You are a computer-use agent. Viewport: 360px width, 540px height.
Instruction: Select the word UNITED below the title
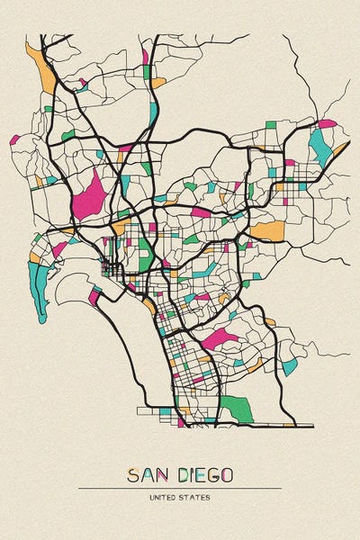pyautogui.click(x=163, y=497)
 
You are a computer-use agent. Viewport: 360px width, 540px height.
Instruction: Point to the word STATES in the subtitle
pyautogui.click(x=197, y=497)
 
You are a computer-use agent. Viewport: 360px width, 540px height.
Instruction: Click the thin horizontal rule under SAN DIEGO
pyautogui.click(x=180, y=488)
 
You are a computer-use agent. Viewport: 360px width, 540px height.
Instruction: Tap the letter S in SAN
pyautogui.click(x=133, y=474)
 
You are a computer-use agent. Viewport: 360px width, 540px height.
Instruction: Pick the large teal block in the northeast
pyautogui.click(x=319, y=146)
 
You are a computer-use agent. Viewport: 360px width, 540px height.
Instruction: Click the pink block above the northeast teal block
pyautogui.click(x=326, y=123)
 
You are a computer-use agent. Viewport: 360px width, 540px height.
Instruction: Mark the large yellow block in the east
pyautogui.click(x=267, y=230)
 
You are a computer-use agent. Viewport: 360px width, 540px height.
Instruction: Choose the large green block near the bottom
pyautogui.click(x=236, y=408)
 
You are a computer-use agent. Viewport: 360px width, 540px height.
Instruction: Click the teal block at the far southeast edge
pyautogui.click(x=289, y=365)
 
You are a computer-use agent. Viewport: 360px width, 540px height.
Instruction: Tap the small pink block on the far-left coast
pyautogui.click(x=14, y=140)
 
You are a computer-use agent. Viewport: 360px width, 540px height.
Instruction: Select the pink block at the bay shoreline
pyautogui.click(x=94, y=293)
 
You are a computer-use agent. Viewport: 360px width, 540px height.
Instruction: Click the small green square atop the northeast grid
pyautogui.click(x=271, y=125)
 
